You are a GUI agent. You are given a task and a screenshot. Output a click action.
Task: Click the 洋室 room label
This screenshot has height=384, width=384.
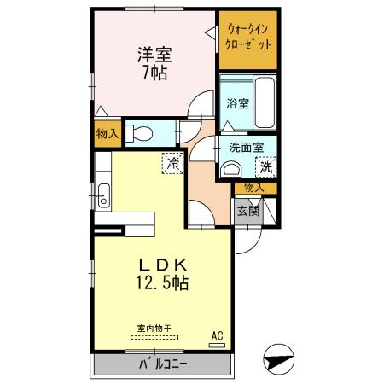coord(154,55)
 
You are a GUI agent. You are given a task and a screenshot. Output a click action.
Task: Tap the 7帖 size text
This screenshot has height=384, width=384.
coord(154,73)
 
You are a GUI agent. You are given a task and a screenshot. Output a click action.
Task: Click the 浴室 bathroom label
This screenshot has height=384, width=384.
coord(237,103)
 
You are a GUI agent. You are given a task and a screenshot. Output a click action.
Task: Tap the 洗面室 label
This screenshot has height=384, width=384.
coord(247,146)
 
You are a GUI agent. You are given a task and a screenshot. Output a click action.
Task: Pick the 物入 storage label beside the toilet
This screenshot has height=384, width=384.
coord(108,133)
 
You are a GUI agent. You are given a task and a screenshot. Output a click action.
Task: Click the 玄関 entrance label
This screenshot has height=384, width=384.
coord(247,211)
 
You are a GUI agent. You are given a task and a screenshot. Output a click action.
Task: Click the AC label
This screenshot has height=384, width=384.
coord(217,335)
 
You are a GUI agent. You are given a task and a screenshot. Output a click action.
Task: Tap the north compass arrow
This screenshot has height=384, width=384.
coord(279,357)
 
